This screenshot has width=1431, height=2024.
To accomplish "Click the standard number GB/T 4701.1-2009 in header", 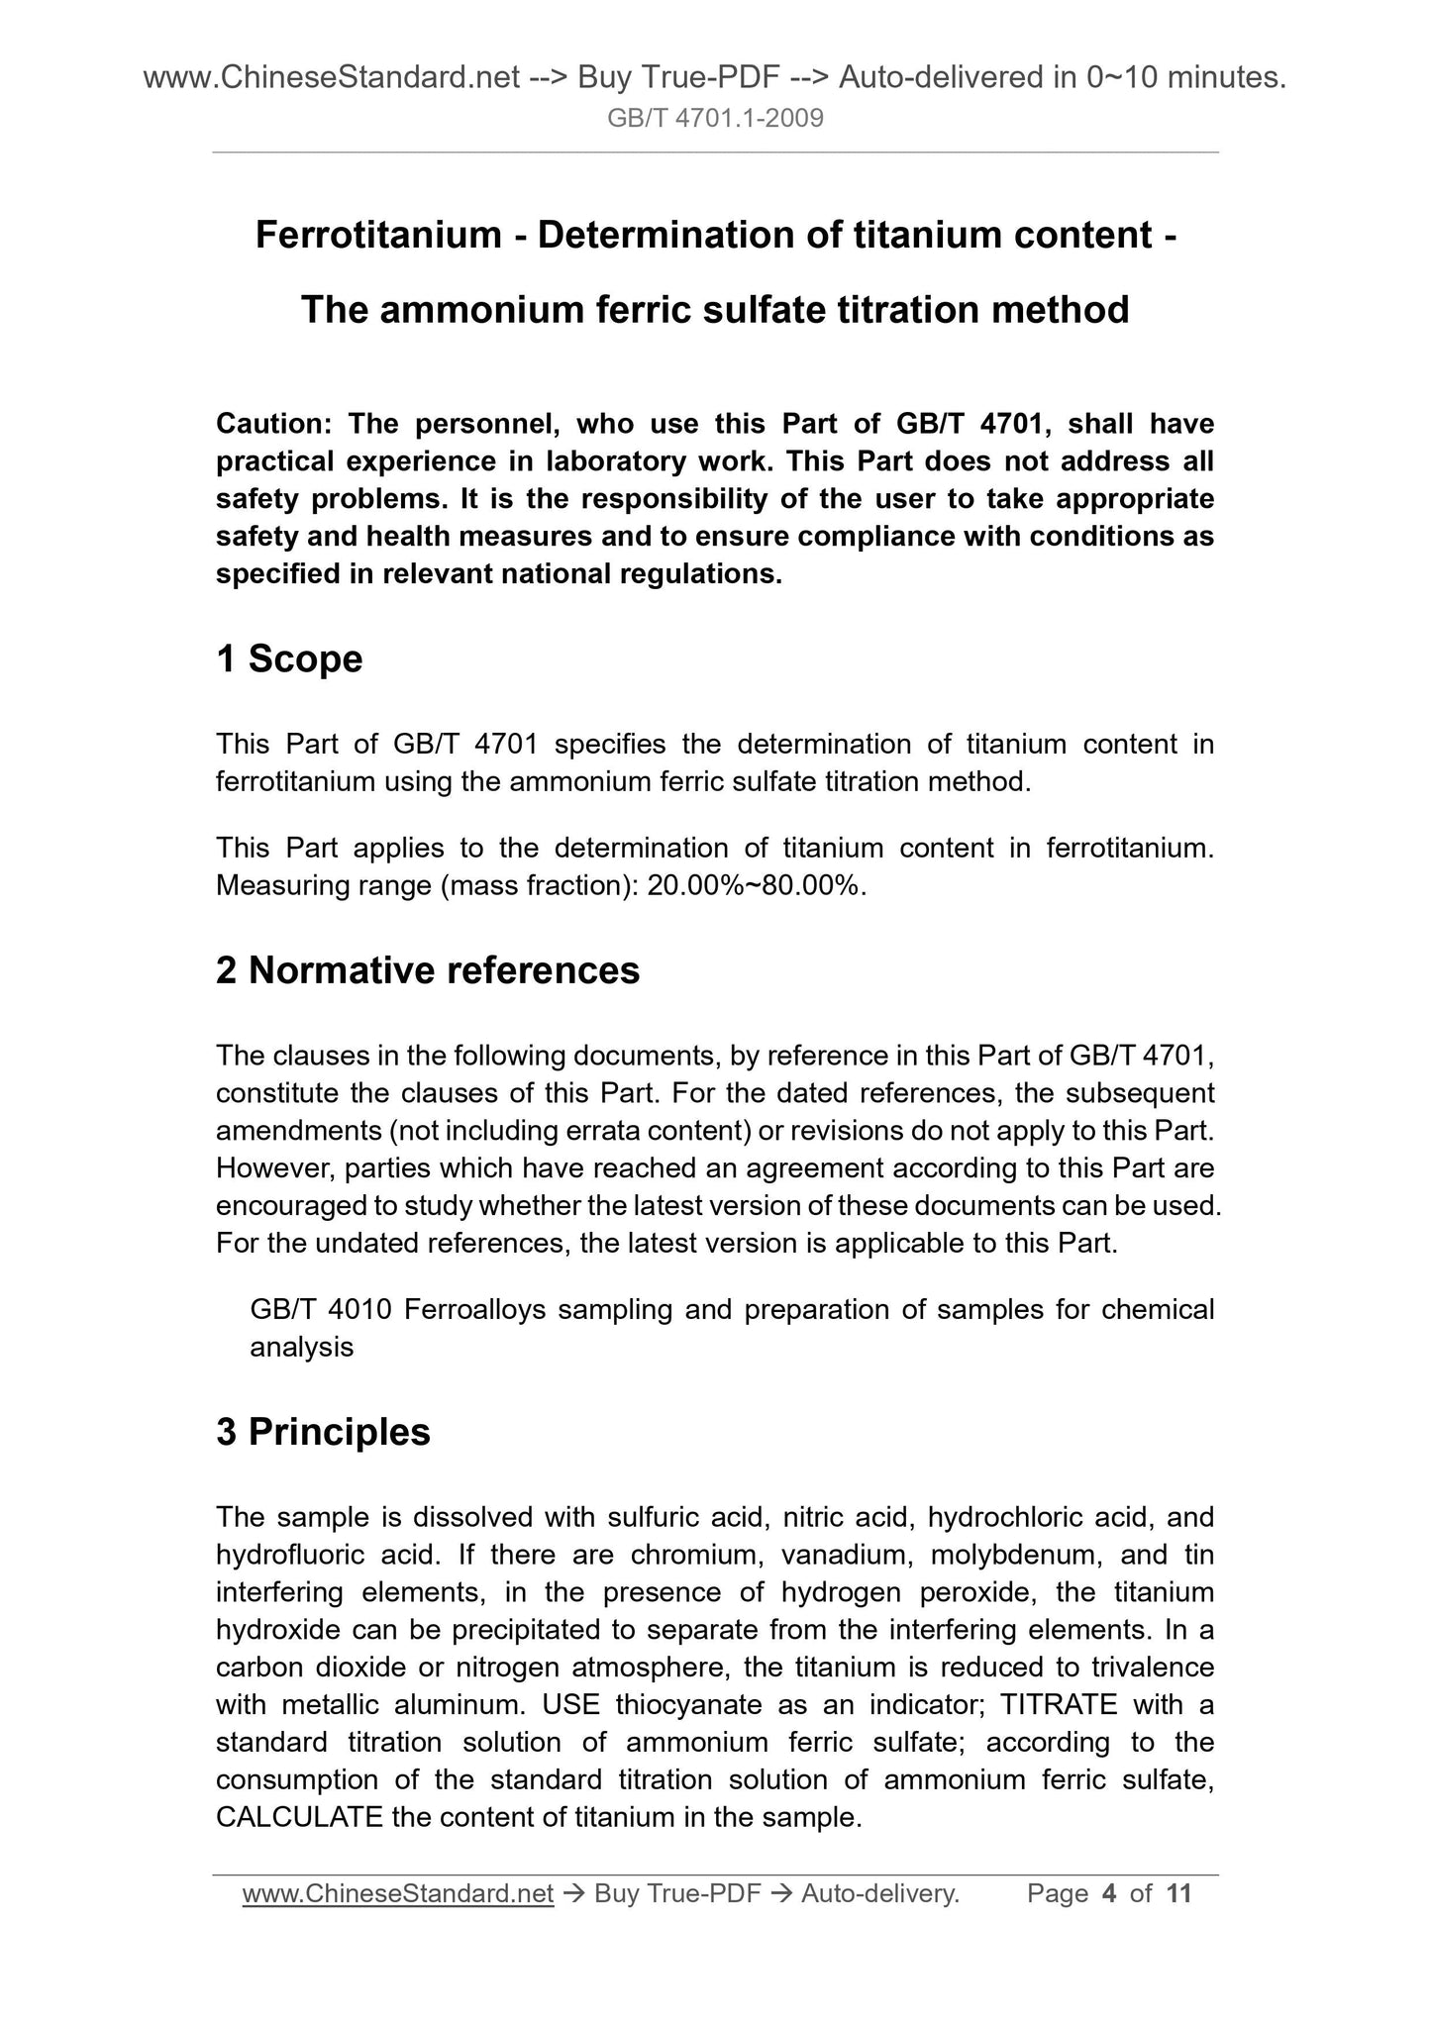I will tap(715, 120).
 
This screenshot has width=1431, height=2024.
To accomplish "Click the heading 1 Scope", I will tap(289, 659).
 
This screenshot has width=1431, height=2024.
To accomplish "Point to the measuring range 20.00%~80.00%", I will tap(757, 885).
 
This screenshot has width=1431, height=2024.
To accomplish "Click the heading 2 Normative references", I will tap(428, 970).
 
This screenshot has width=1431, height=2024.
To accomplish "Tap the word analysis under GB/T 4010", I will tap(301, 1347).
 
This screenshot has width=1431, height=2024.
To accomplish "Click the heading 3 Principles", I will tap(323, 1432).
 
